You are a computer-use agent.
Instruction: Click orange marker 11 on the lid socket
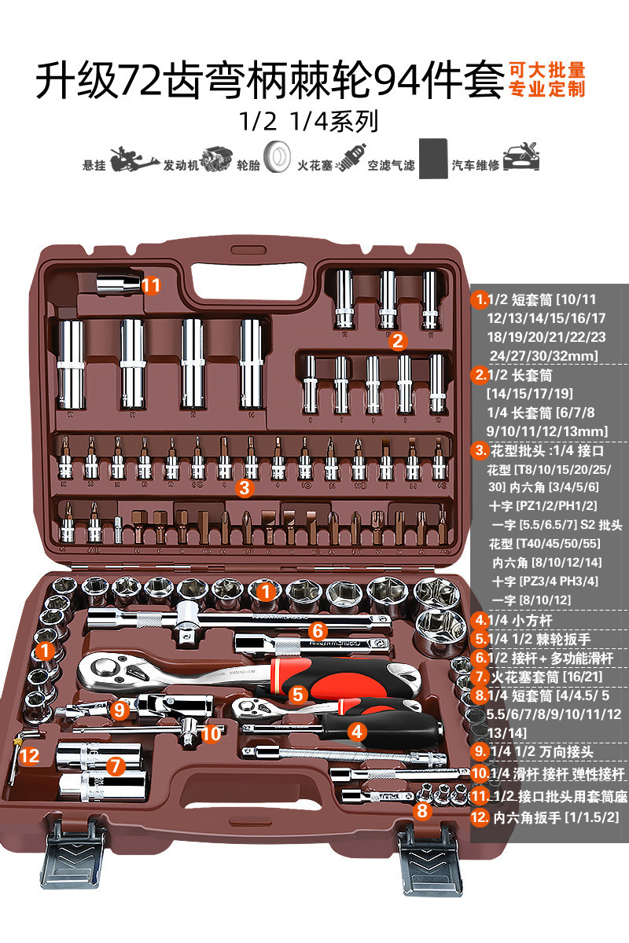tap(151, 285)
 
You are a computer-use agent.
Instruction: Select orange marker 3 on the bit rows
tap(245, 488)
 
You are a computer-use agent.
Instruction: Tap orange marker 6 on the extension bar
tap(318, 630)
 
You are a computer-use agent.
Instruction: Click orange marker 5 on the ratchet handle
tap(296, 695)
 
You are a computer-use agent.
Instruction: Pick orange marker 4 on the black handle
tap(357, 731)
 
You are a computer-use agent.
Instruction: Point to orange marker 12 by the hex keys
tap(29, 756)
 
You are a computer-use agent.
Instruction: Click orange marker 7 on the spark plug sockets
tap(116, 765)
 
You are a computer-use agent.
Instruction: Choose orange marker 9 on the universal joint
tap(120, 710)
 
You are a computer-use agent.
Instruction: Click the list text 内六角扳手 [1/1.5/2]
tap(556, 818)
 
